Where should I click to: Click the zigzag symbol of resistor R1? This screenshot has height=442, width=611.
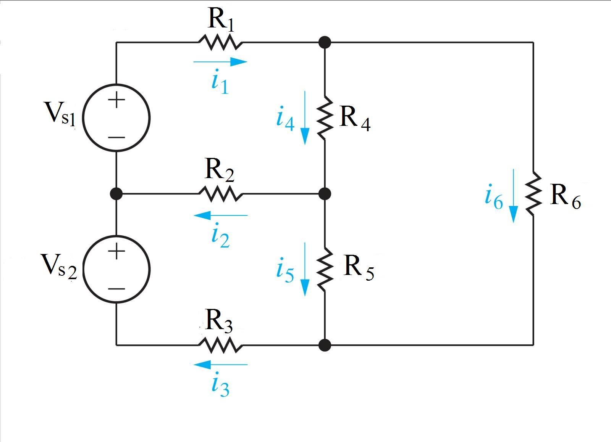[x=220, y=42]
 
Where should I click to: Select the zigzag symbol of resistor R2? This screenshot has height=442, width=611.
[x=220, y=194]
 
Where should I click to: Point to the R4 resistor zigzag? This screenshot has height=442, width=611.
[x=325, y=117]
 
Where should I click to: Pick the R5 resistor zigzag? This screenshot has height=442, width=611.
[x=325, y=269]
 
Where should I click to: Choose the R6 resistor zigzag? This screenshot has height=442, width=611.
[x=533, y=194]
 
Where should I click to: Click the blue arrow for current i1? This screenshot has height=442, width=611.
[x=220, y=61]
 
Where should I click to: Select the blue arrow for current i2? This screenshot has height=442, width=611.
[x=220, y=215]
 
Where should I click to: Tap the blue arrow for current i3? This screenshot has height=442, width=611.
[x=220, y=365]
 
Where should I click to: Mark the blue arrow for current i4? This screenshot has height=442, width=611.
[x=305, y=117]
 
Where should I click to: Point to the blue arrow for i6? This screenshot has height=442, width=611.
[x=514, y=195]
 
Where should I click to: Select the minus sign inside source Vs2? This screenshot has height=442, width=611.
[x=116, y=288]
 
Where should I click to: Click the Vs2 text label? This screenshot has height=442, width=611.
[x=59, y=266]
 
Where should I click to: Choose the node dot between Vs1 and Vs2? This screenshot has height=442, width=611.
[x=116, y=194]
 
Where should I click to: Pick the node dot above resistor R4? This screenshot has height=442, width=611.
[x=325, y=42]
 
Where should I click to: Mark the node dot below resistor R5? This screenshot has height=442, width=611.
[x=325, y=345]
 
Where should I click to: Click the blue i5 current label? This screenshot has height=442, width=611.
[x=285, y=271]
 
